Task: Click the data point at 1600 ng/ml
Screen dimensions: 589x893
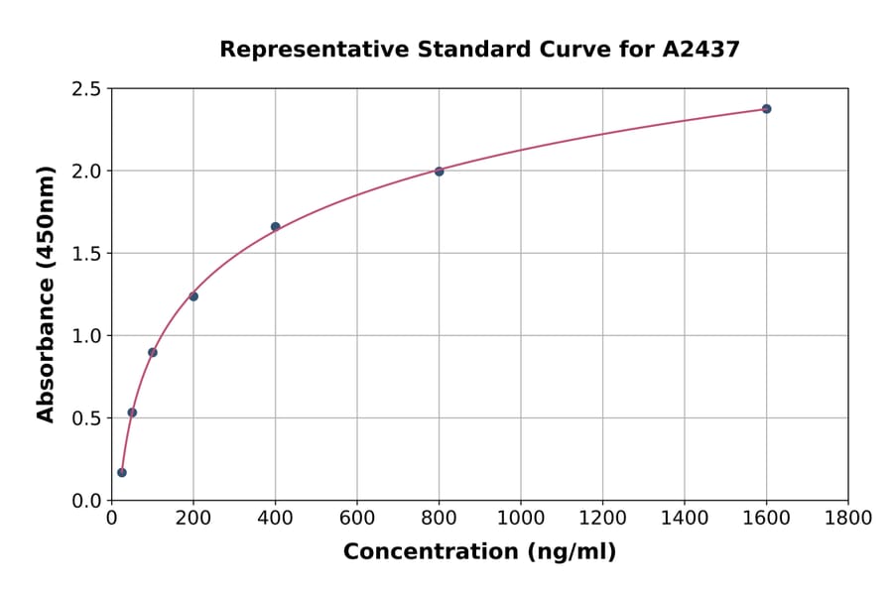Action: [766, 109]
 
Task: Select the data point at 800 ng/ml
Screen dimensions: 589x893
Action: [439, 172]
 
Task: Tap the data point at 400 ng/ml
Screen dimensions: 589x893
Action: [275, 227]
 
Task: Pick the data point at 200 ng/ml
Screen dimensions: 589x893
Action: [193, 296]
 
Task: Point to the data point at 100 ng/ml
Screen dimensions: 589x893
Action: [152, 352]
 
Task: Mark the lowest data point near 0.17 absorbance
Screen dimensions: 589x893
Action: [122, 472]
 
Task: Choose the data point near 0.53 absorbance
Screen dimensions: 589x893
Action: [132, 412]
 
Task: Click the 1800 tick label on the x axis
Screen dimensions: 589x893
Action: [847, 519]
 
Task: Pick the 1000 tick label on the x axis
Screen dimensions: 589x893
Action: [520, 519]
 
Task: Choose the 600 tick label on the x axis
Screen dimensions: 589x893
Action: [356, 519]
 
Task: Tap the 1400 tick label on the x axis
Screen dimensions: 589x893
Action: [684, 519]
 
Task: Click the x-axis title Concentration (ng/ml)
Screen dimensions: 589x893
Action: [479, 552]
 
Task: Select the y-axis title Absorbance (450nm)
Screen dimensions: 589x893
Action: [46, 294]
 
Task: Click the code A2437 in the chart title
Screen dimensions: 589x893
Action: [701, 50]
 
